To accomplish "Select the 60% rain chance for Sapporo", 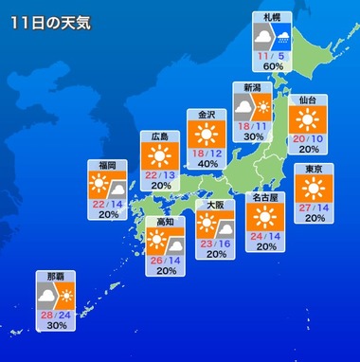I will tap(275, 66).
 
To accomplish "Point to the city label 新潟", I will tap(252, 87).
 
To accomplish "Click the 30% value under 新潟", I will tap(253, 136).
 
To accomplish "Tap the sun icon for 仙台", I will tap(307, 118).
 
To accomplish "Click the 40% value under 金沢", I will tap(207, 163).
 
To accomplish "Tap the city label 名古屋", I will tap(266, 198).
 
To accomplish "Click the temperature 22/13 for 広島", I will tap(160, 173).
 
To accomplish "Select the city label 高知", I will tap(165, 221).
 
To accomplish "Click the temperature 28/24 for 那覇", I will tap(55, 314).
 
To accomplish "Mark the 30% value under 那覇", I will tap(55, 325).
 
